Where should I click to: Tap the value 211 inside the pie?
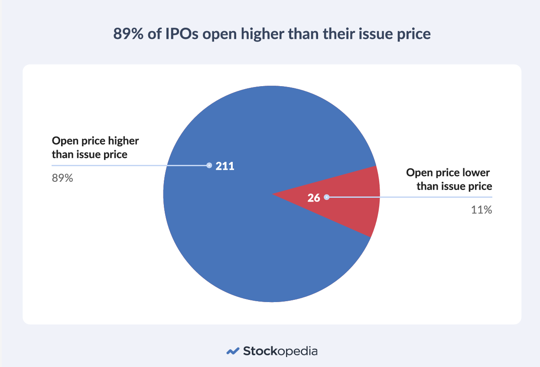225,166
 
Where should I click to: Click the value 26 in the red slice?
313,198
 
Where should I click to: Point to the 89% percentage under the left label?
62,178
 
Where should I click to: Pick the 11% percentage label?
481,210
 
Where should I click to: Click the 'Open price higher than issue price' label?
95,148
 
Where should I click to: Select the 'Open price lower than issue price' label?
449,180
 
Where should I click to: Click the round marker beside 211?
209,165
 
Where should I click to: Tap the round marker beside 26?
326,197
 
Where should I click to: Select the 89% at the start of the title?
128,33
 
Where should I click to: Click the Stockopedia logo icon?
233,351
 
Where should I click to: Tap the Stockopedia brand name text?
280,351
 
